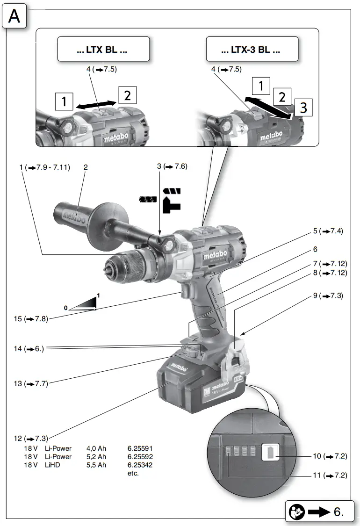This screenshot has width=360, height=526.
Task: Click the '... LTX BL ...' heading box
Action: (103, 50)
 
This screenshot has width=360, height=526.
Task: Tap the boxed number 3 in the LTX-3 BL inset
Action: (303, 108)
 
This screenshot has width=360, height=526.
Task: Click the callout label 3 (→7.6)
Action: (172, 166)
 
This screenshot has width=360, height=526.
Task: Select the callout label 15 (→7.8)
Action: (30, 319)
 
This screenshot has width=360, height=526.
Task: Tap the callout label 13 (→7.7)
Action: (30, 383)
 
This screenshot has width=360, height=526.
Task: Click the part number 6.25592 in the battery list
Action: (140, 456)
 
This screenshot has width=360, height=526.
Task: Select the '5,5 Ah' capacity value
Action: (96, 465)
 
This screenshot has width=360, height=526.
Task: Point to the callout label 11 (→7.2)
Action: (330, 476)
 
